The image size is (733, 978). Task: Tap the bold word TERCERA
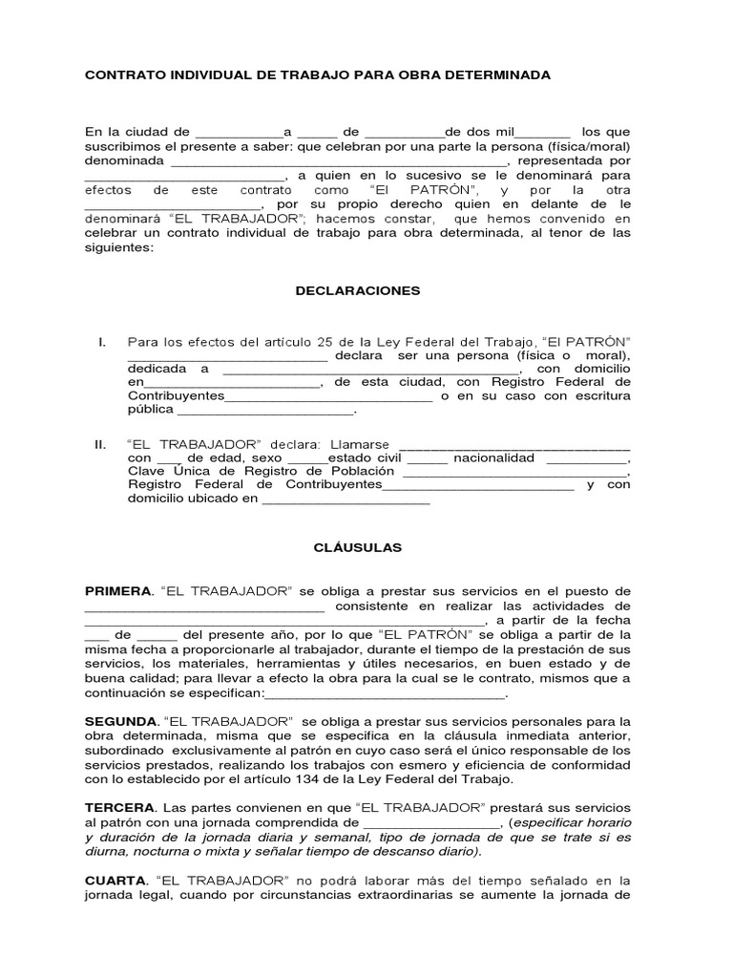[x=119, y=808]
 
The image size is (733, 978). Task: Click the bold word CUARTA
[x=115, y=881]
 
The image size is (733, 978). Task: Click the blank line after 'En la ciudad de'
[x=239, y=131]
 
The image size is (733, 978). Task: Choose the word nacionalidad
[x=494, y=458]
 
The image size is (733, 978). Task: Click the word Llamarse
[x=361, y=445]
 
